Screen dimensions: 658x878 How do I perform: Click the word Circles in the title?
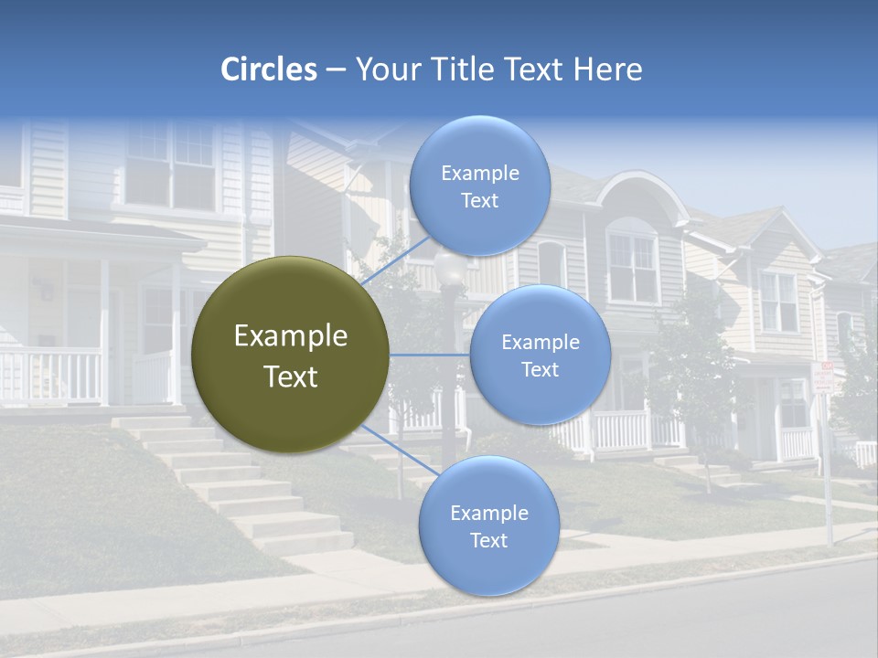[x=269, y=69]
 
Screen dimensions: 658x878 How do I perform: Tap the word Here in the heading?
[x=607, y=69]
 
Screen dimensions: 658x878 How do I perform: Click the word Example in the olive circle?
[x=290, y=336]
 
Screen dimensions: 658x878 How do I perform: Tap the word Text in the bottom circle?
[x=488, y=540]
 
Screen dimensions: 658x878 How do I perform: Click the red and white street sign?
[x=824, y=377]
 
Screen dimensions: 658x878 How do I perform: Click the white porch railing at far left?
[x=50, y=375]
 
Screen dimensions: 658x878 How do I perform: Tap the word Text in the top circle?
[x=479, y=201]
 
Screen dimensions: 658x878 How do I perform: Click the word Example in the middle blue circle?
[x=540, y=343]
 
